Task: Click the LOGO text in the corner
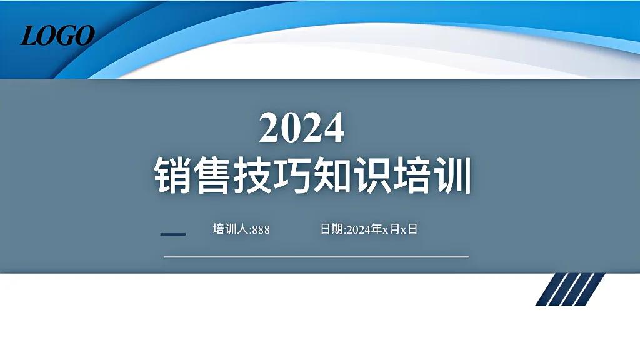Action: (57, 36)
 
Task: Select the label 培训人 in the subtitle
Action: (231, 229)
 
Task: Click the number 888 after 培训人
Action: (261, 230)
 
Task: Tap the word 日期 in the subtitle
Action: (331, 229)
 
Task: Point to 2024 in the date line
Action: (359, 230)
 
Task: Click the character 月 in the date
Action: (394, 229)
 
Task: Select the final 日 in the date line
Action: (412, 229)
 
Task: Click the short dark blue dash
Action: (173, 234)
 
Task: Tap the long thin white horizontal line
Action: (316, 256)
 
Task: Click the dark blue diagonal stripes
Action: (569, 289)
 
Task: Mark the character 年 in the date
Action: (377, 229)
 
